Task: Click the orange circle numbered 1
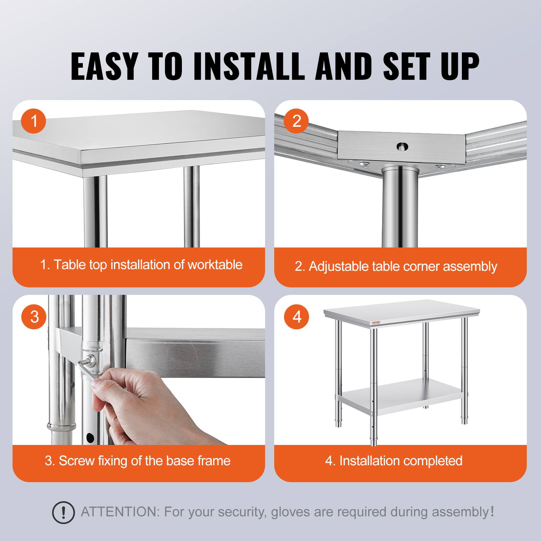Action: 33,121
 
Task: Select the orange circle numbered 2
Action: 296,121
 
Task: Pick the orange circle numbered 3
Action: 33,317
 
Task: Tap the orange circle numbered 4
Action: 296,317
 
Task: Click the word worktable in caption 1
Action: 215,264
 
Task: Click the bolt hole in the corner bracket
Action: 402,147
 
